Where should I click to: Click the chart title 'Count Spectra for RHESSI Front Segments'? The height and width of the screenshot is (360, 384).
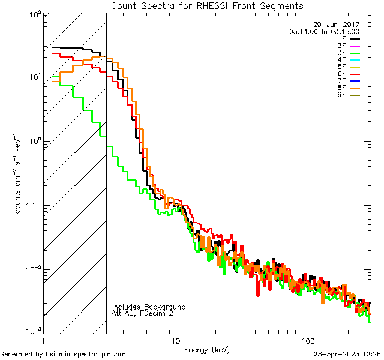tap(207, 5)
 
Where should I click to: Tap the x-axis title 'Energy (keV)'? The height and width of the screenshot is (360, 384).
tap(206, 349)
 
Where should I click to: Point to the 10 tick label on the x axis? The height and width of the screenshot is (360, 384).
tap(175, 340)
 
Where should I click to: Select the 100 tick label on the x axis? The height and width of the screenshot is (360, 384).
tap(308, 340)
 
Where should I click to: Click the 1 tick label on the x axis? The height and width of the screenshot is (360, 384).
tap(44, 340)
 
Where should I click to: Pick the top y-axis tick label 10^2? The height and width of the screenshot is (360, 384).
tap(33, 13)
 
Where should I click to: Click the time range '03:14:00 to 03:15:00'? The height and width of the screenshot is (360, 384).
tap(324, 31)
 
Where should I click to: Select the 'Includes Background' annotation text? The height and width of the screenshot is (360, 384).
tap(149, 307)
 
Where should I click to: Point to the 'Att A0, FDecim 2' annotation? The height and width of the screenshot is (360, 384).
tap(143, 313)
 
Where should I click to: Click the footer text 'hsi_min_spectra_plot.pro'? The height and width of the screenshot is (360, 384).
tap(86, 354)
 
